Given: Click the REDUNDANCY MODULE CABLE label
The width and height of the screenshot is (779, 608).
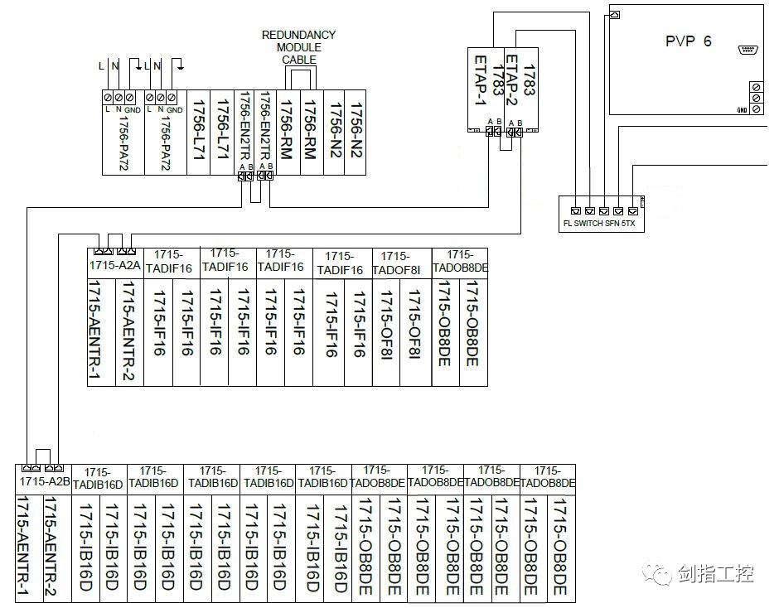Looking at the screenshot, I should pos(298,47).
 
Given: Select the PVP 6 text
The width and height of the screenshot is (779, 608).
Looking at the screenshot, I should pos(688,41).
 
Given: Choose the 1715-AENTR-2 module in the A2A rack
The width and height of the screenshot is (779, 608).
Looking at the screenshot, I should pos(129,331).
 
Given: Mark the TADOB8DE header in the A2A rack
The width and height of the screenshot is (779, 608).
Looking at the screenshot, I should pos(460,262).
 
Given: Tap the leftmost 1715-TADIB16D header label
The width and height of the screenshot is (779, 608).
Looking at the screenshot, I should pos(98,479).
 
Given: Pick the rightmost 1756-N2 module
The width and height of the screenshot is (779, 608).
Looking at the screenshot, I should pos(356,124).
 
